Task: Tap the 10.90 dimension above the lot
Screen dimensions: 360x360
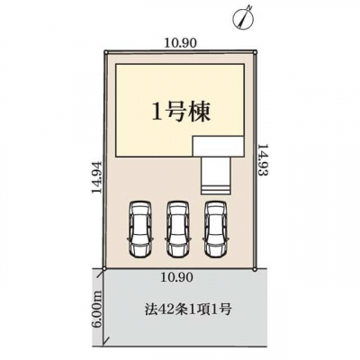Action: click(181, 43)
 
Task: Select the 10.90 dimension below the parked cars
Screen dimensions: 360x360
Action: click(176, 277)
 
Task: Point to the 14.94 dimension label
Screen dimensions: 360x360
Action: click(97, 178)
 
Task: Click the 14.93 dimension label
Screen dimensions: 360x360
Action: click(263, 160)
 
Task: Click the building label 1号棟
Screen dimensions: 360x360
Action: click(181, 112)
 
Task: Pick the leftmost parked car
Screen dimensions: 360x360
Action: click(140, 229)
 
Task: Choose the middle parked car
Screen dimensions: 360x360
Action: click(178, 229)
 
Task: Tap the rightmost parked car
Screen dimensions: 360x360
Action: click(216, 229)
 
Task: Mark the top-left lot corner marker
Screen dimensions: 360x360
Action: click(105, 52)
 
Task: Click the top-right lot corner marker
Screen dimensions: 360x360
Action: click(255, 52)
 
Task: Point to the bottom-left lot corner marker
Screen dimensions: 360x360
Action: click(103, 269)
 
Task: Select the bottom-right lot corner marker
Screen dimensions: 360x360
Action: click(255, 270)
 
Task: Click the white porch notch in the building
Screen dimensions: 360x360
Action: click(218, 147)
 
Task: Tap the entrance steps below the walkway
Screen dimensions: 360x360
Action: click(216, 190)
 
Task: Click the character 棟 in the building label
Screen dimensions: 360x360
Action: click(200, 112)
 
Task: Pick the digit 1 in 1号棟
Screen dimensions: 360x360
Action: click(157, 113)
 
